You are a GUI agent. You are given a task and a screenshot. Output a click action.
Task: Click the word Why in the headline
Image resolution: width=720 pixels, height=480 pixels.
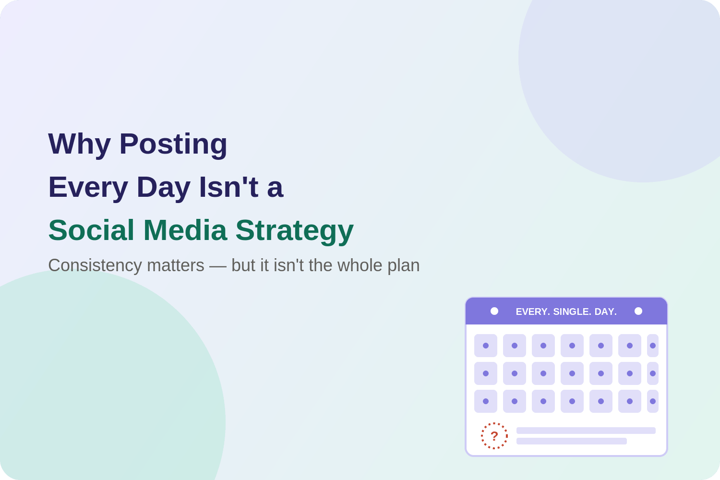coord(79,144)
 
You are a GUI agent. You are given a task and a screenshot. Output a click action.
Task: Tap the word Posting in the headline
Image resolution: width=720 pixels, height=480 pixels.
coord(173,144)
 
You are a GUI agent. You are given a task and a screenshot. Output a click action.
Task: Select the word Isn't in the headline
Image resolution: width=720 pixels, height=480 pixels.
coord(228,187)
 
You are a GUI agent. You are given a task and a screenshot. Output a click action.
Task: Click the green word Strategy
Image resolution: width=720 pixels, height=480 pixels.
coord(294,231)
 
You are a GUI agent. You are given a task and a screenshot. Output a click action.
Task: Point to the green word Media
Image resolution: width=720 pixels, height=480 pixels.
coord(185,230)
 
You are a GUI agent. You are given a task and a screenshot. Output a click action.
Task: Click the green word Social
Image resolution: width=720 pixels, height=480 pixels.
coord(91,230)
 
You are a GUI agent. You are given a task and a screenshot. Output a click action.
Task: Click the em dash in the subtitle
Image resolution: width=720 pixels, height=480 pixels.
coord(217,266)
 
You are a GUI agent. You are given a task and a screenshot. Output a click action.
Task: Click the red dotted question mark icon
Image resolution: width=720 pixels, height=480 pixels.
coord(494,436)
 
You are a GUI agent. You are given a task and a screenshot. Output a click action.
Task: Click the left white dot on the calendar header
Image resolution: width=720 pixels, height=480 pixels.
coord(494,311)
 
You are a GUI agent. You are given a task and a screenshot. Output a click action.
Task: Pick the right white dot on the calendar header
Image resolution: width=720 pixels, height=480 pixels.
coord(638,311)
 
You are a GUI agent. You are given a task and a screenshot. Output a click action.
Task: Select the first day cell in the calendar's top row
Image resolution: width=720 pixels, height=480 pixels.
coord(486,346)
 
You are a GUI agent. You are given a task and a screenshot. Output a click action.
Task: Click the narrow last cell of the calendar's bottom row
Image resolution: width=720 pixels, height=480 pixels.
coord(653,401)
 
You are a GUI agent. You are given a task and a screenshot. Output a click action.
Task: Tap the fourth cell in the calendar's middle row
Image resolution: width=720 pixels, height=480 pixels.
coord(572,373)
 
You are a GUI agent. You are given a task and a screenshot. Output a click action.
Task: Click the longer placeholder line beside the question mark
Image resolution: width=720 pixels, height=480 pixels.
coord(586,431)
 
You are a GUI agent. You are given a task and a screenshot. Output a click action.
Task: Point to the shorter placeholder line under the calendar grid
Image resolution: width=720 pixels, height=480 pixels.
coord(572,441)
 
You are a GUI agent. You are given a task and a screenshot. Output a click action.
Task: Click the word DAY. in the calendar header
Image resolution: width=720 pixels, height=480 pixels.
coord(606,312)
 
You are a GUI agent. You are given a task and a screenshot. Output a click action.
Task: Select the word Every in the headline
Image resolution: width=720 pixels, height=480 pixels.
coord(88,188)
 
